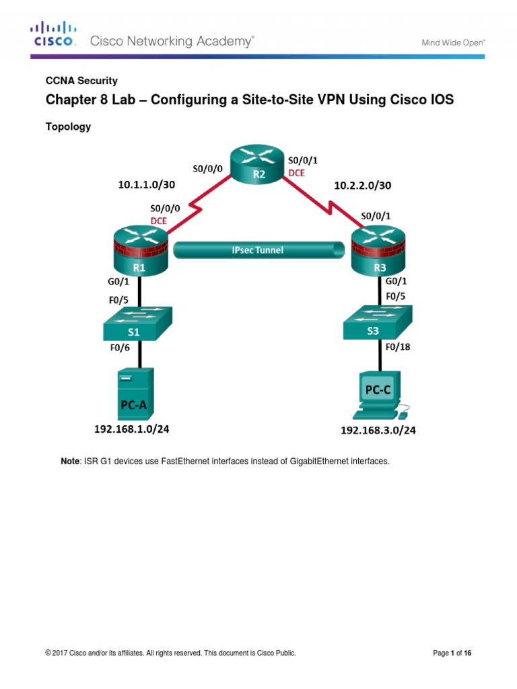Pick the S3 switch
[x=376, y=324]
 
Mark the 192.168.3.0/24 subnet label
[x=378, y=431]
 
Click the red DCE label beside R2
[x=296, y=173]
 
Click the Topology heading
[x=68, y=126]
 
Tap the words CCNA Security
[x=81, y=81]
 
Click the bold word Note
[x=70, y=461]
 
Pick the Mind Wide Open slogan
[x=453, y=42]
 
